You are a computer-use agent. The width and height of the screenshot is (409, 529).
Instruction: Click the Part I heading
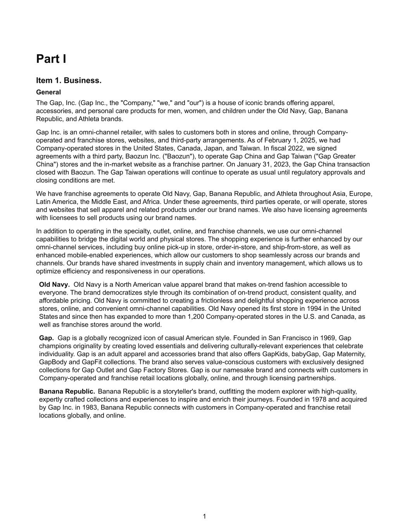51,59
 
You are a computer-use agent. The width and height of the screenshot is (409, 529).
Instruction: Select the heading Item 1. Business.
69,80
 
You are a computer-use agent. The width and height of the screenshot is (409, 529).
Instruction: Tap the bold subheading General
48,92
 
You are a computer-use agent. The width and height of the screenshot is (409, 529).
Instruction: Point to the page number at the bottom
204,516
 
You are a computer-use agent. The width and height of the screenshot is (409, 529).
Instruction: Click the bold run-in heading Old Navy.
54,285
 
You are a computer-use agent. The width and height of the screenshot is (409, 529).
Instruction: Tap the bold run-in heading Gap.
46,338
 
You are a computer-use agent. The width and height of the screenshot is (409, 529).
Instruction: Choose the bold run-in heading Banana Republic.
67,391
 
